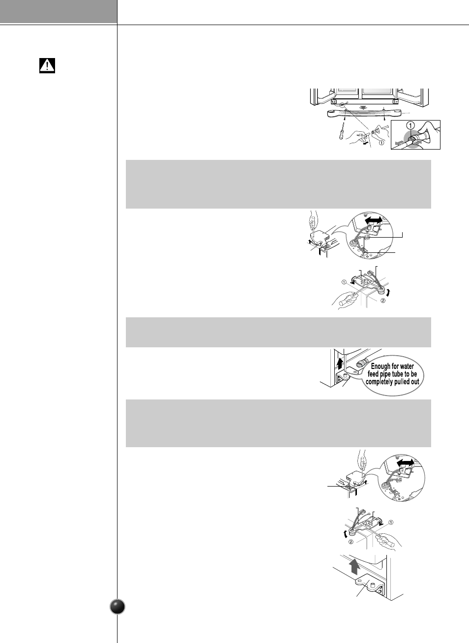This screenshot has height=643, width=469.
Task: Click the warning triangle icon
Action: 47,65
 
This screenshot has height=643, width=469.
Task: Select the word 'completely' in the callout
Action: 381,382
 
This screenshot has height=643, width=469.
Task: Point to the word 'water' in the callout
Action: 407,366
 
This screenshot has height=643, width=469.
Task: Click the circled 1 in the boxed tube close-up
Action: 411,125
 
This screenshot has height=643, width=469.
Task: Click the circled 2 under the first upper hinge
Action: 383,300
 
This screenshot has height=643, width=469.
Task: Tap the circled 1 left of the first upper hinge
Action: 345,282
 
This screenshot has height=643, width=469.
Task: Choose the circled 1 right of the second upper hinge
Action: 391,522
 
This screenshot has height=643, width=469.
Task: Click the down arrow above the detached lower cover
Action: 363,106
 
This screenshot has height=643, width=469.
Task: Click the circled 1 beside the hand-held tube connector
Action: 381,143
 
